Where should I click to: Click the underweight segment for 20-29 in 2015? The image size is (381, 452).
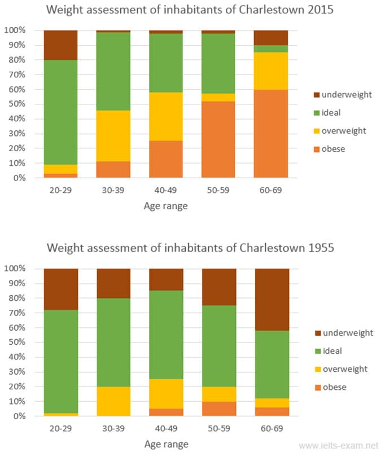coord(60,45)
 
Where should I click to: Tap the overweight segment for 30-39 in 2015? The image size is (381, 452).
coord(113,136)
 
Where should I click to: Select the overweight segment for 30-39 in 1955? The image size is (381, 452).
coord(113,401)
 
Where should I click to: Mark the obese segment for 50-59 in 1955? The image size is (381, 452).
coord(219,409)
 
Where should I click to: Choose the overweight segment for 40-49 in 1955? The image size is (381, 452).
coord(166,394)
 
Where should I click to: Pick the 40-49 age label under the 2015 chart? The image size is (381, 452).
coord(166,190)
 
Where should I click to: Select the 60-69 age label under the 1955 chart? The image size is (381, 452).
coord(272,428)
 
